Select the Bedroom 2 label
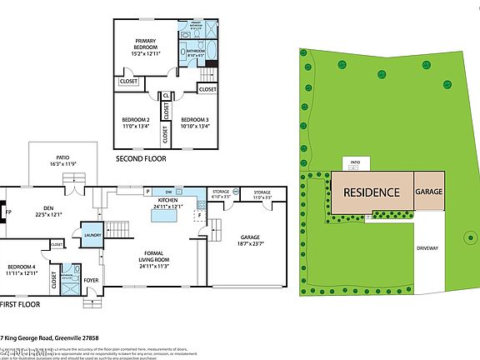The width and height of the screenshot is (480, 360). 136,122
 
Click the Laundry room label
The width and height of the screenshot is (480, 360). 93,236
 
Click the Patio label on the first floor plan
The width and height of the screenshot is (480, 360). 62,160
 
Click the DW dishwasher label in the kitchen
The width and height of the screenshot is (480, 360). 168,192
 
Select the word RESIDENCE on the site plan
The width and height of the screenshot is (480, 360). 371,192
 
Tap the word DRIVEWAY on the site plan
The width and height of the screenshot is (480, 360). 427,248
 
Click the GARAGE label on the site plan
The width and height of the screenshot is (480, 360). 429,192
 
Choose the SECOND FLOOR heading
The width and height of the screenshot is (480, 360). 141,157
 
